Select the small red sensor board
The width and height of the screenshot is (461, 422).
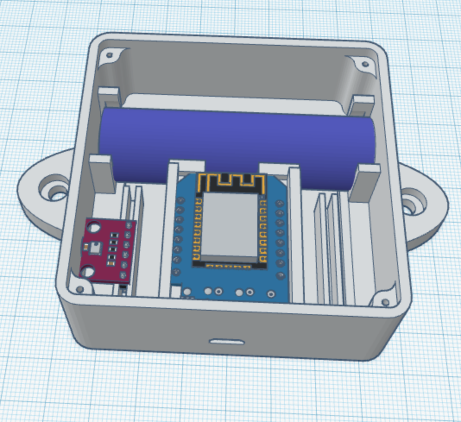108,250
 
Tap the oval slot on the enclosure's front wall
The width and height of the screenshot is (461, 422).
227,342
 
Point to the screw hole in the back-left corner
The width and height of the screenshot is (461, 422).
109,56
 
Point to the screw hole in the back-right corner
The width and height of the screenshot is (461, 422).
365,64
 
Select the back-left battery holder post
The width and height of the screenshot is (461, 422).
108,97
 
